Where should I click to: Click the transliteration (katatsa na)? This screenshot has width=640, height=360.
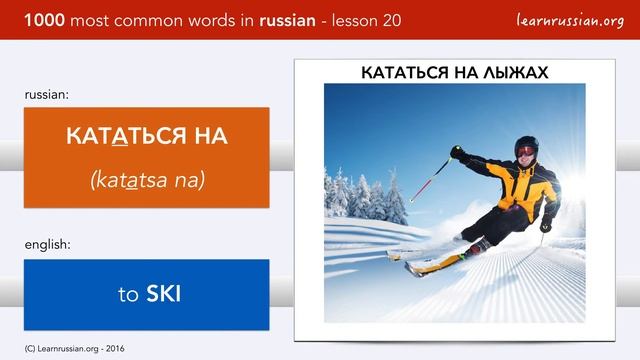(x=147, y=180)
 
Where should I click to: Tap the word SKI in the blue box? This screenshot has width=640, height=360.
(x=163, y=294)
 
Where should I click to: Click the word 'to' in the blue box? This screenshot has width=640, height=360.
(x=127, y=294)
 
